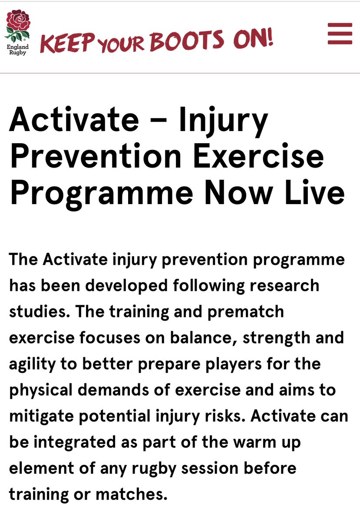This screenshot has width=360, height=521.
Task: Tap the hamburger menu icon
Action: [340, 33]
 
